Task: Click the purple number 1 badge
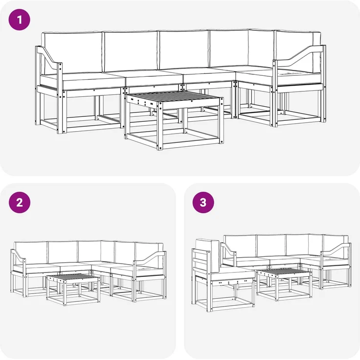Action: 19,20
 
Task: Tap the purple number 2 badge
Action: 19,202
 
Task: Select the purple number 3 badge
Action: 203,202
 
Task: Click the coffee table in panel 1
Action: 174,119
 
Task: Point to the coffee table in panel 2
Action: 73,289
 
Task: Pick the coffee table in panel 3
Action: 284,284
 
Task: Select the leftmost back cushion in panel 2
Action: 31,252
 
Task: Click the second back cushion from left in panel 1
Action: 131,52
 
